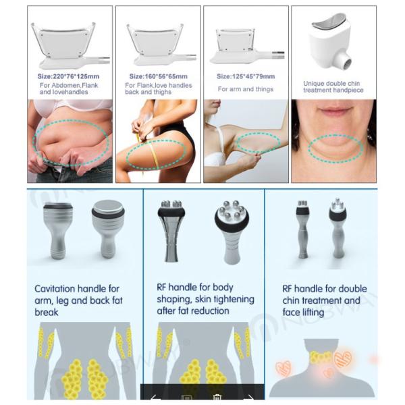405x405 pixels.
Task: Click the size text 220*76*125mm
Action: point(68,76)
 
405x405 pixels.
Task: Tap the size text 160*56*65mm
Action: point(159,76)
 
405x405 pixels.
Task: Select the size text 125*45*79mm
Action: point(246,76)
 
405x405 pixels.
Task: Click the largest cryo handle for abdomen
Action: point(70,45)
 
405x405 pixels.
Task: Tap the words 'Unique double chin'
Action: point(331,84)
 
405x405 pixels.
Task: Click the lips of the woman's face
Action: point(333,112)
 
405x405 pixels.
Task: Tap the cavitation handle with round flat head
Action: point(108,228)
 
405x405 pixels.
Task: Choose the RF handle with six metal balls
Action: point(232,232)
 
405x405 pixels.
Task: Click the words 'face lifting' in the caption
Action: point(303,313)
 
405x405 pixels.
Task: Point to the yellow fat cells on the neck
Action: point(321,357)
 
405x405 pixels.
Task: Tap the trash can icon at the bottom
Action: point(217,398)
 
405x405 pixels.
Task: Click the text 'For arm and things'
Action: point(246,89)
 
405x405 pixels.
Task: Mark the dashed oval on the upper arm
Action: point(258,142)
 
